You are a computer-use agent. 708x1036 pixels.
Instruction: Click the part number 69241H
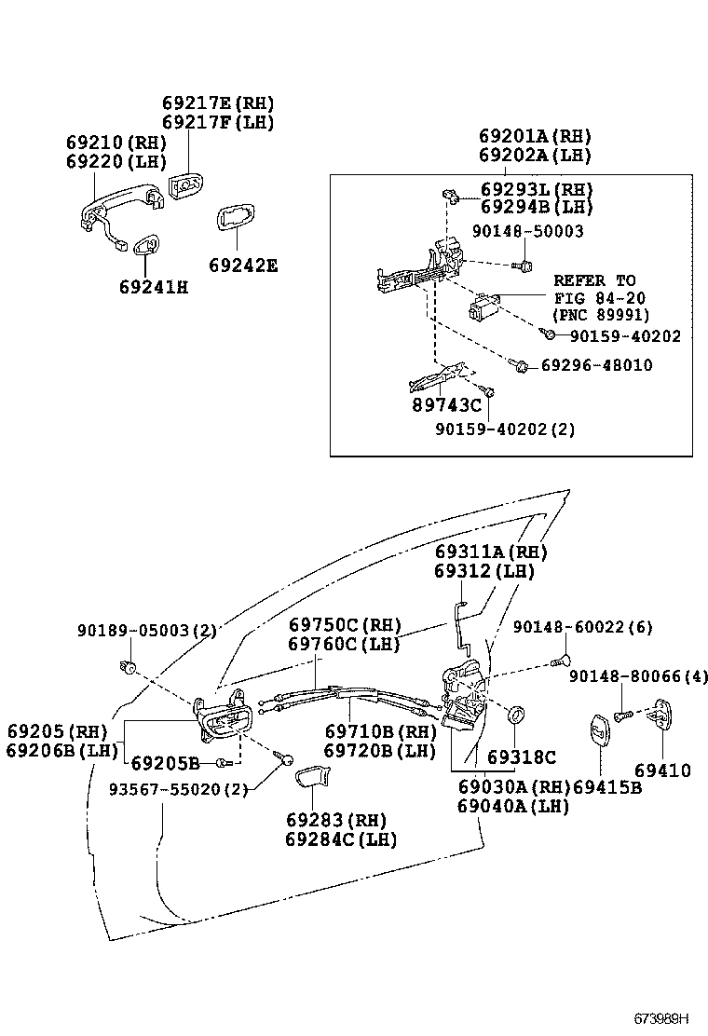point(153,287)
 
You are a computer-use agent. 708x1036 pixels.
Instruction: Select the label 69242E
point(242,266)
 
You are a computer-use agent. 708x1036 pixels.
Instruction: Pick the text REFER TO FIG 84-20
point(594,289)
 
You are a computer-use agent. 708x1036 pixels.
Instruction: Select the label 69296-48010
point(596,365)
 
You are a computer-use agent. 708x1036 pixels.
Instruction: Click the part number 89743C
point(446,404)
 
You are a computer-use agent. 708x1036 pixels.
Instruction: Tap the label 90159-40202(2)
point(505,429)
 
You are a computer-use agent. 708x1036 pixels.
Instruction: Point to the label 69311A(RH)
point(490,552)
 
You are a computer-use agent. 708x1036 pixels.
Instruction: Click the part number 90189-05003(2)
point(146,631)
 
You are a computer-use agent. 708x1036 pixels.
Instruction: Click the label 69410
point(662,770)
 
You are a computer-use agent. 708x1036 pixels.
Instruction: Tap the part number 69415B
point(607,787)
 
